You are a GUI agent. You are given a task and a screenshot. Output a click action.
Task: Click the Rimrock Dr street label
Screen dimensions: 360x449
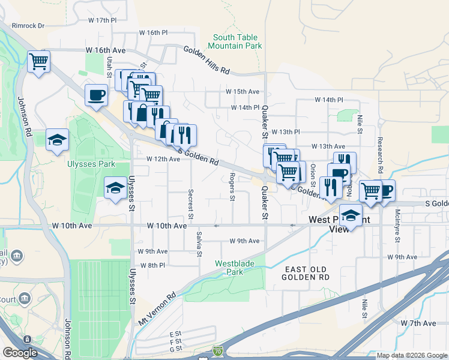29,26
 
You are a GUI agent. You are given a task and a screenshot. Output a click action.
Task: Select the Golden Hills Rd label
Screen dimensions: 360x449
206,61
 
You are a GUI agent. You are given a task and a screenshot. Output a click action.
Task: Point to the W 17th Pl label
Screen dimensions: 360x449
101,20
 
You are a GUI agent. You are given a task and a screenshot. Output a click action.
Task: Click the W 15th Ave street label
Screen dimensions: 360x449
243,92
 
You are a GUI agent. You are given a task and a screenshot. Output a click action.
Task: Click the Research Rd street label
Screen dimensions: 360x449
380,150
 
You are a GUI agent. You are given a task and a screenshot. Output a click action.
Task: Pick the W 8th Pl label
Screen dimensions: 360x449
152,265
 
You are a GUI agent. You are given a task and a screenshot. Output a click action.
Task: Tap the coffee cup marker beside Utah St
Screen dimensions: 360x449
96,95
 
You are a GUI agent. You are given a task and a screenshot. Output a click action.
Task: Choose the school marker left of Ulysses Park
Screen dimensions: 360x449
58,140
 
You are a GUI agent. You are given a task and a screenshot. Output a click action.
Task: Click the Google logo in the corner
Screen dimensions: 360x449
20,353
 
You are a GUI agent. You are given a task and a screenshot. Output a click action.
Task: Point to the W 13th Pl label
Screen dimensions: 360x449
285,131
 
